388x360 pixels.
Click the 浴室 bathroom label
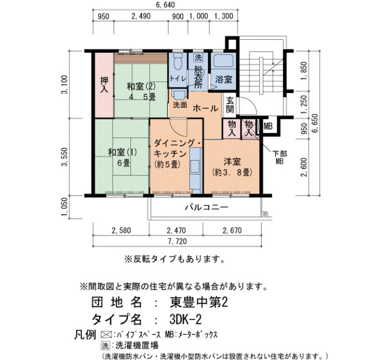point(223,80)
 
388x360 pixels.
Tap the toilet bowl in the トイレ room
point(177,61)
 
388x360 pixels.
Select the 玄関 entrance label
point(230,105)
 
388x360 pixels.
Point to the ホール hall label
point(206,109)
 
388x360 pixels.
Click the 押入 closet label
point(104,85)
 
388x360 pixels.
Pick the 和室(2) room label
point(141,86)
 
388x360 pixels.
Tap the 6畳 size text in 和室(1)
point(124,163)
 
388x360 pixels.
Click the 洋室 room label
point(232,162)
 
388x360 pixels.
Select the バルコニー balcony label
point(206,207)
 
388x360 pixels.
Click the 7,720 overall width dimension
point(177,241)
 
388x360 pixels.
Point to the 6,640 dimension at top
point(165,4)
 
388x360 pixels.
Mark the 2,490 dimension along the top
point(141,16)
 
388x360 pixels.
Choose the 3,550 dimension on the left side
point(65,157)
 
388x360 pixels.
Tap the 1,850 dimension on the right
point(304,70)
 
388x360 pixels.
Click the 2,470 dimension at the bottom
point(176,231)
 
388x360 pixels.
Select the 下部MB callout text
point(279,157)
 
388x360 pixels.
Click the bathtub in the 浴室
point(223,60)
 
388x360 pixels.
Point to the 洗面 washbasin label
point(180,105)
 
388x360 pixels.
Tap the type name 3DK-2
point(186,320)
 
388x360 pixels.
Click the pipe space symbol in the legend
point(106,335)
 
